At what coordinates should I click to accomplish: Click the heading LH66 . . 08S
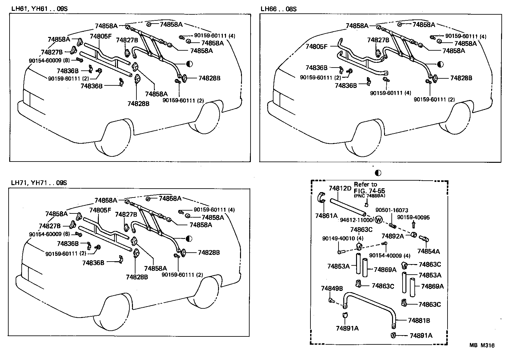pyautogui.click(x=278, y=9)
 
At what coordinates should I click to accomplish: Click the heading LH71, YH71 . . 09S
pyautogui.click(x=39, y=183)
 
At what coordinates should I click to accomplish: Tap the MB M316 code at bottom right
pyautogui.click(x=482, y=345)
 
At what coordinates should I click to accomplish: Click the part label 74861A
pyautogui.click(x=326, y=216)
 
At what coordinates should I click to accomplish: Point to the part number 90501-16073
pyautogui.click(x=391, y=210)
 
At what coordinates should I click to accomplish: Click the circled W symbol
pyautogui.click(x=379, y=220)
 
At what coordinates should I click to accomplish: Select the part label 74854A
pyautogui.click(x=428, y=251)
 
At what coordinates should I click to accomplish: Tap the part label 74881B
pyautogui.click(x=419, y=320)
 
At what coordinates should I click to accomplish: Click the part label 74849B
pyautogui.click(x=332, y=289)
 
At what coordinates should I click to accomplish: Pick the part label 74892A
pyautogui.click(x=392, y=236)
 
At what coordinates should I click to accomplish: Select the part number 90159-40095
pyautogui.click(x=413, y=218)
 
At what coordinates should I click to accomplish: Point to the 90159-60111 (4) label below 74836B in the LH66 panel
pyautogui.click(x=390, y=93)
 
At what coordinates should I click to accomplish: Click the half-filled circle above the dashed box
pyautogui.click(x=378, y=173)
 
